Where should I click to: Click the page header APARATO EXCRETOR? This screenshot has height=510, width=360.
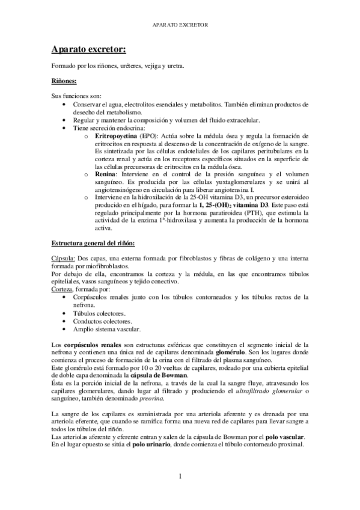(180, 26)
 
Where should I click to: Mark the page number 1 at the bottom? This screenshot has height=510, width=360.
(180, 476)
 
